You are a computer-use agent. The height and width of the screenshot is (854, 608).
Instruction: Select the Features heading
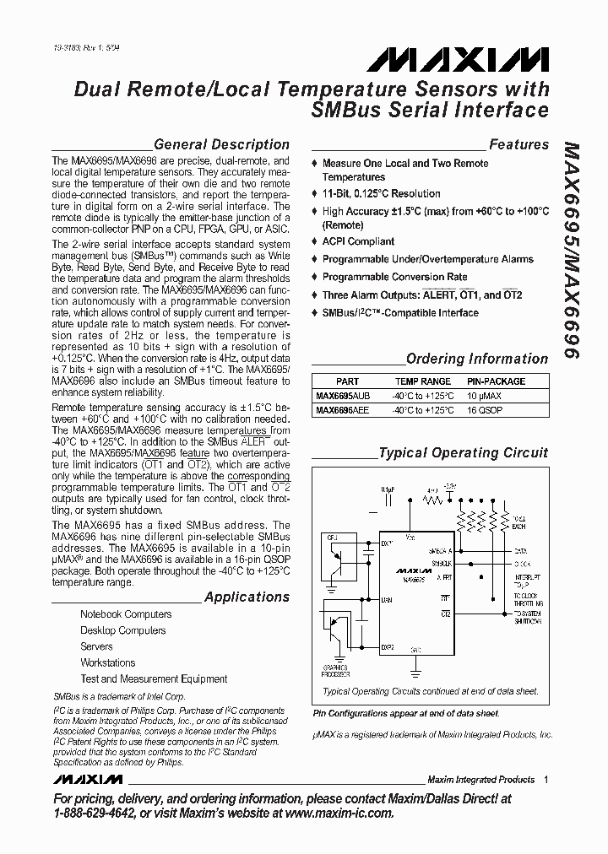518,144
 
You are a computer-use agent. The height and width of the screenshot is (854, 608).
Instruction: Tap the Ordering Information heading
477,359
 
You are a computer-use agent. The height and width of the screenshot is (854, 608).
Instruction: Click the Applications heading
247,597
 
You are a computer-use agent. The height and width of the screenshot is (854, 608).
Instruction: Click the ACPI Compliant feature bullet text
358,241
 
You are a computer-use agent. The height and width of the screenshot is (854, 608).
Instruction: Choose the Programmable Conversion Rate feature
394,277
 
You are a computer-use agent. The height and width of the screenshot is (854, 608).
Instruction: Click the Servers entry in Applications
96,646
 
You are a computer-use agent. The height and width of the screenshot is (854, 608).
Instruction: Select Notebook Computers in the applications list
126,614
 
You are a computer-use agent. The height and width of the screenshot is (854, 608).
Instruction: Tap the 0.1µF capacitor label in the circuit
388,488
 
